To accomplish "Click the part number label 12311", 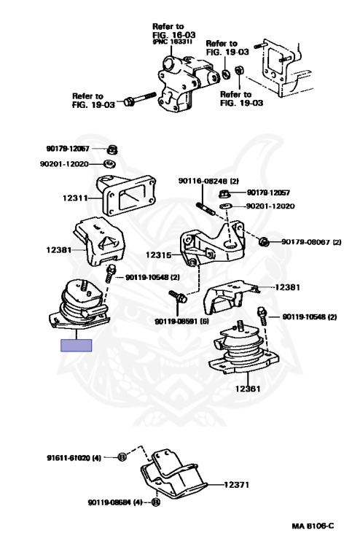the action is click(75, 198).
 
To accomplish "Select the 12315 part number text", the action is click(158, 255).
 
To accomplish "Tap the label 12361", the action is click(247, 389).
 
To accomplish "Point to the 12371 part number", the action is click(236, 485).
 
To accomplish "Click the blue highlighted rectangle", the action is click(77, 346).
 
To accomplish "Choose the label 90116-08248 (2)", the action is click(208, 181).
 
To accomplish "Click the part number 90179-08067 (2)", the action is click(311, 242).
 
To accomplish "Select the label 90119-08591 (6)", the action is click(181, 322).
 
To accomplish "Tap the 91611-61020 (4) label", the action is click(74, 457).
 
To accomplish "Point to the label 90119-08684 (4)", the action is click(115, 502).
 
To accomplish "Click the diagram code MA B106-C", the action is click(313, 526).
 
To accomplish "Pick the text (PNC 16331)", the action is click(172, 42).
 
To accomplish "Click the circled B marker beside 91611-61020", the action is click(122, 456).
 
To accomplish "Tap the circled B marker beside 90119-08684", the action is click(155, 502).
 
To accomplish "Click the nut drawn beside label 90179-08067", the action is click(264, 242).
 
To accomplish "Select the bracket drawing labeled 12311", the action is click(126, 195).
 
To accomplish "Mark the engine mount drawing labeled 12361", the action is click(245, 349).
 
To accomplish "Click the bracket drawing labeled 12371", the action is click(173, 474).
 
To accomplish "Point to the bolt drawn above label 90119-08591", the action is click(178, 296).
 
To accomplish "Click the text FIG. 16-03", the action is click(174, 35).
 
